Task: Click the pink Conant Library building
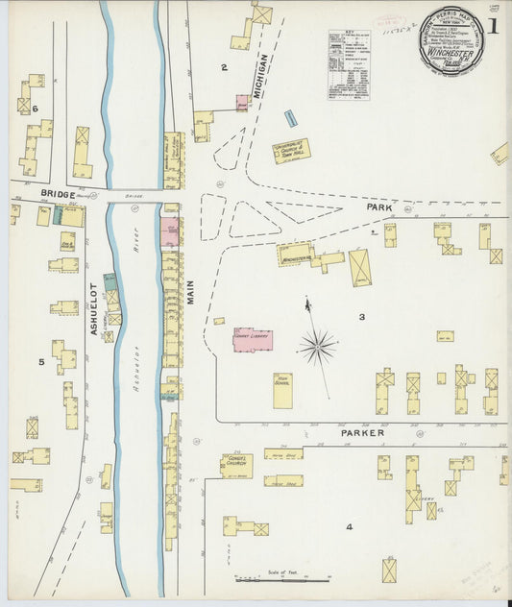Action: [x=253, y=339]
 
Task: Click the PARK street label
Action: [x=380, y=206]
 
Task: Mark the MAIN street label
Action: [x=190, y=285]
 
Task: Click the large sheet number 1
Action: [x=491, y=26]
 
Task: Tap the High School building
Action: [x=282, y=391]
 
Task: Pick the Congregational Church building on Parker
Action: [x=236, y=465]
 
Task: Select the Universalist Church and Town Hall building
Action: [x=291, y=151]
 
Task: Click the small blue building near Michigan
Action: [x=290, y=119]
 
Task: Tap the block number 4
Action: [x=350, y=526]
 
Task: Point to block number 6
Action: [x=35, y=109]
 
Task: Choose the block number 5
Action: [x=41, y=362]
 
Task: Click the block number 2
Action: [x=224, y=67]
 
